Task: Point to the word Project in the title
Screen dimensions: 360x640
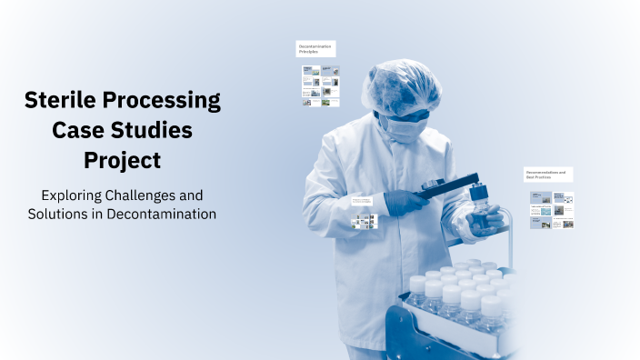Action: [123, 161]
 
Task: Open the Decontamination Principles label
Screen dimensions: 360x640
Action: [315, 49]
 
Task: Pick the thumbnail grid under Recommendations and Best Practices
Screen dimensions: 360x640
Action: [552, 210]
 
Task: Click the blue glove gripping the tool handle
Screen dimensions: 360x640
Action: [404, 198]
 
